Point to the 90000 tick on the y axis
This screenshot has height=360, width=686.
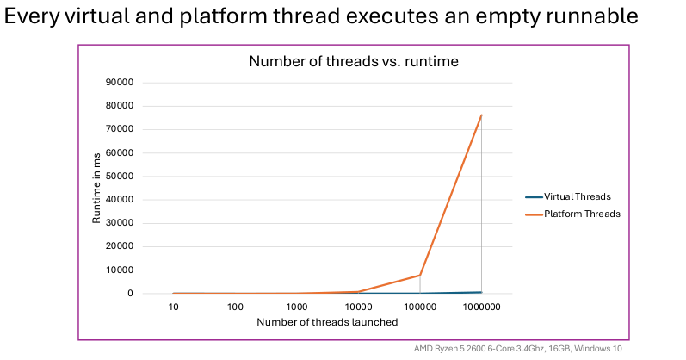(119, 83)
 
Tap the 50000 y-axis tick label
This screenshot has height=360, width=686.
(119, 177)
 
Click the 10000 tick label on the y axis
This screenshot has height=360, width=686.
(119, 270)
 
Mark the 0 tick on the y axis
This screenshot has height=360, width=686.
(130, 294)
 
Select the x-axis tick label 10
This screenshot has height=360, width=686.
(174, 307)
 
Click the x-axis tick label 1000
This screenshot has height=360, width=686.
(297, 307)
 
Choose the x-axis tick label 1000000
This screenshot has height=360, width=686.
(481, 307)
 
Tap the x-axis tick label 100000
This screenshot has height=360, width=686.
(419, 307)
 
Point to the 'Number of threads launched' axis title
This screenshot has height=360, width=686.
(326, 322)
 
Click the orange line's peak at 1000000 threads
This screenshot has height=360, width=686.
(481, 115)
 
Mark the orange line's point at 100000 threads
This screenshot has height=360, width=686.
(419, 275)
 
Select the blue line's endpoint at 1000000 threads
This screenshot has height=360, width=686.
(481, 292)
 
